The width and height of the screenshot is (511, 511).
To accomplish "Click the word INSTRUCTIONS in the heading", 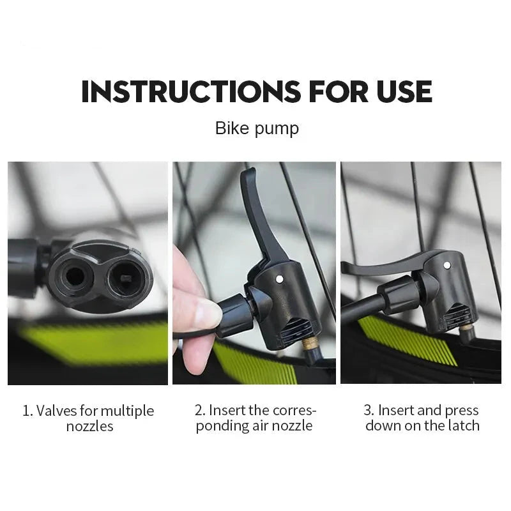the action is click(190, 91).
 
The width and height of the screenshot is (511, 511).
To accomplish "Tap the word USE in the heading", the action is click(404, 91).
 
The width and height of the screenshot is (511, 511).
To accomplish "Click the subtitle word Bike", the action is click(232, 128).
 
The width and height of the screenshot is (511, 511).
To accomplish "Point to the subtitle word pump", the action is click(277, 130).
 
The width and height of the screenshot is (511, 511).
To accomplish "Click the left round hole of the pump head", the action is click(75, 277).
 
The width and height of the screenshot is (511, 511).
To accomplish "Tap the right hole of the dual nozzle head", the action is click(125, 279).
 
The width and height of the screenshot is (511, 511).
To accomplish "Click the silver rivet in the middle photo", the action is click(279, 278).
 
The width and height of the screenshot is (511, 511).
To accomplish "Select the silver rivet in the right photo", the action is click(448, 266).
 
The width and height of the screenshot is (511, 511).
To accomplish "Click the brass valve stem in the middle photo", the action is click(308, 344).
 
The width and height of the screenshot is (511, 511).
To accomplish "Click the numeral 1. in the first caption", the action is click(27, 411).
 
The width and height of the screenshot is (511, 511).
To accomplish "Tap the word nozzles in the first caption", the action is click(89, 427).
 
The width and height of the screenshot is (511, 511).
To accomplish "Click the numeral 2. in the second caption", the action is click(200, 410).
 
